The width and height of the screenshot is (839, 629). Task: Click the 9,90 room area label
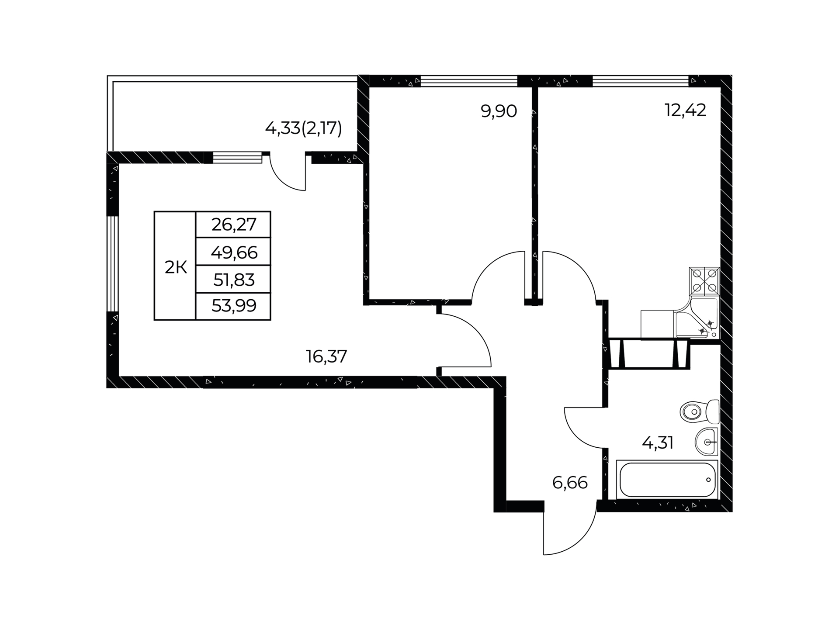coord(499,112)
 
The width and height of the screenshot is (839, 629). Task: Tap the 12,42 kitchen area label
coord(685,111)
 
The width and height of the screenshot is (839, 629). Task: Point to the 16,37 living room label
coord(326,357)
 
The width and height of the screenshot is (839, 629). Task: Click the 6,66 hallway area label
coord(570,483)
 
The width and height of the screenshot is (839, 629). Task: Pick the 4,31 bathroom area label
coord(657,443)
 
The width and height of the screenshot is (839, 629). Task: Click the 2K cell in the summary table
coord(175,266)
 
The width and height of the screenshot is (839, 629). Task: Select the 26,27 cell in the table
coord(233,225)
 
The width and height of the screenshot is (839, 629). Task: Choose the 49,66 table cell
coord(233,252)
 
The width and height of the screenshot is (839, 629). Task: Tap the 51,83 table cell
coord(233,279)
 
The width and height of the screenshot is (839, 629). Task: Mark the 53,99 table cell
coord(233,306)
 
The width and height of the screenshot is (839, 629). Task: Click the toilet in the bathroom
coord(700,411)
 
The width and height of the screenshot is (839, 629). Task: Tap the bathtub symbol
coord(667,479)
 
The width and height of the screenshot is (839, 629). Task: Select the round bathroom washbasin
coord(706,442)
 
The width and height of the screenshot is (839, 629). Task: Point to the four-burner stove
coord(704,282)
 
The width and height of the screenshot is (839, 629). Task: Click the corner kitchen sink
coord(697,318)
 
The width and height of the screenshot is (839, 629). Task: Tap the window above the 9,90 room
coord(469,81)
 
